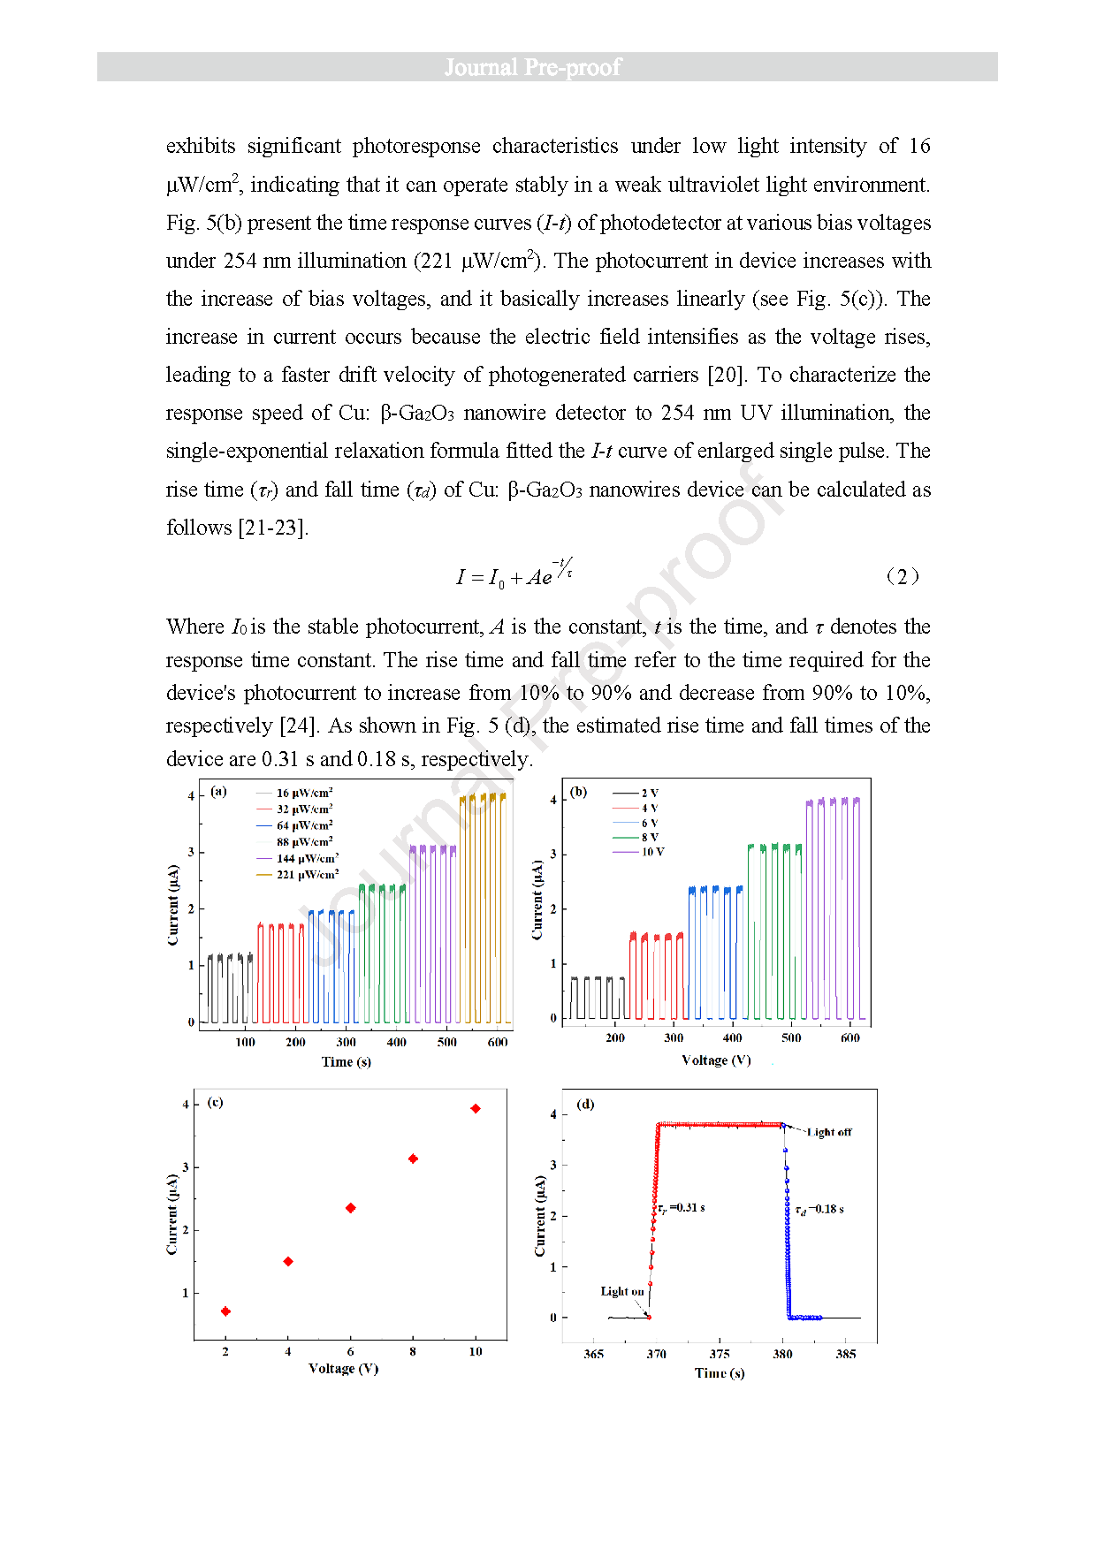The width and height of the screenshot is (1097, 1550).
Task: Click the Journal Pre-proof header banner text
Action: coord(533,67)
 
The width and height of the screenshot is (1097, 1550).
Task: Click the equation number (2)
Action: coord(902,577)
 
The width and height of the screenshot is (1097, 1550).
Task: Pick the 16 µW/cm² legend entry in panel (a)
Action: coord(304,793)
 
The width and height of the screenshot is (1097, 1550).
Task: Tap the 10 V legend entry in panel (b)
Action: coord(652,852)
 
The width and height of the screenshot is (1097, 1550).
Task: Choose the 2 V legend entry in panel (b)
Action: coord(650,793)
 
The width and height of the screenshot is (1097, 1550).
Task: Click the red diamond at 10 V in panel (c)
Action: coord(476,1108)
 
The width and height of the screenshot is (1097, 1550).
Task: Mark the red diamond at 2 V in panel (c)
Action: coord(225,1311)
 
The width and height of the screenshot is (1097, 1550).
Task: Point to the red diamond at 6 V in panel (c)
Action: coord(351,1208)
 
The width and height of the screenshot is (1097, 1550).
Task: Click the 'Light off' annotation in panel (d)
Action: coord(829,1132)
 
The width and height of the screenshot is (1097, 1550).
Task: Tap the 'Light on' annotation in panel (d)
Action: coord(622,1291)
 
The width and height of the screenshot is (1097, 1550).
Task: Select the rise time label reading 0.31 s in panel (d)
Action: coord(681,1208)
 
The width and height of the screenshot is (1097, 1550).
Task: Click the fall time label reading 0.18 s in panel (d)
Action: coord(819,1209)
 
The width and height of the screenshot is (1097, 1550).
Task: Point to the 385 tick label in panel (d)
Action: coord(846,1354)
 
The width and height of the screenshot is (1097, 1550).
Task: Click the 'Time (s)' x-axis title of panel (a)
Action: coord(347,1061)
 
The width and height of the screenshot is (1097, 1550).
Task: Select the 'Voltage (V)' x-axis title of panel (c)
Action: coord(344,1368)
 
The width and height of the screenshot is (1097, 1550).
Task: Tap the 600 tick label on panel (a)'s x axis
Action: coord(498,1042)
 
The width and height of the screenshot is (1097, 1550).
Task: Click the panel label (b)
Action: coord(578,792)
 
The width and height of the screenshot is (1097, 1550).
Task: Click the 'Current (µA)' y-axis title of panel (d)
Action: coord(540,1216)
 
